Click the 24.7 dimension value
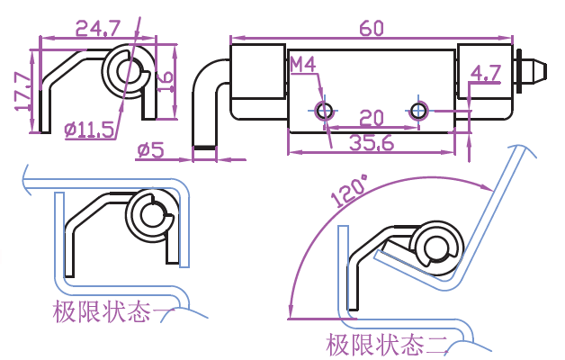pos(101,30)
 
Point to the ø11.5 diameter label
pos(89,130)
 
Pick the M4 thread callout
pos(302,65)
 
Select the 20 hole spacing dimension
pos(371,119)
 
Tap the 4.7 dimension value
pos(486,73)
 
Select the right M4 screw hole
pos(418,111)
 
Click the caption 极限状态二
pos(387,344)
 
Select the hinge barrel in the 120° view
pos(437,247)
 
